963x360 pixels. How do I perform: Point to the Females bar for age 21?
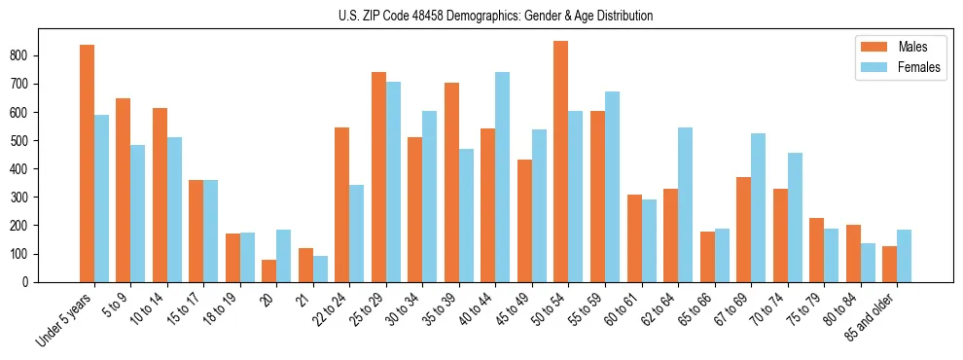click(x=320, y=269)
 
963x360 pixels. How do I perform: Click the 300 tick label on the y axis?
click(x=27, y=198)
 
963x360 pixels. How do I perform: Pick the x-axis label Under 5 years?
click(x=65, y=318)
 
